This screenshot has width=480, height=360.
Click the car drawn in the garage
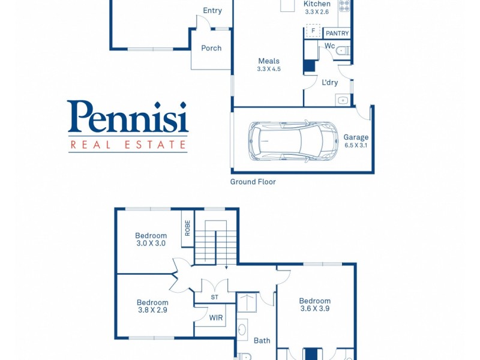[x=293, y=142]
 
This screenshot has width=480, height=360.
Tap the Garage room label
[x=356, y=137]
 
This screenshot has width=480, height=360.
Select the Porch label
[x=211, y=48]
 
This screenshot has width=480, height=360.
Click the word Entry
[x=212, y=11]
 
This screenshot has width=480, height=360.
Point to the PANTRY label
[x=337, y=34]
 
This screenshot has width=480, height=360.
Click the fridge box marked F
[x=313, y=30]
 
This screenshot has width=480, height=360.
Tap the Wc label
[x=329, y=46]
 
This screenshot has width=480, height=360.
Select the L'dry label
[x=330, y=83]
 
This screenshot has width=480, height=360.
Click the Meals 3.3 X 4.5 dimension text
[x=269, y=69]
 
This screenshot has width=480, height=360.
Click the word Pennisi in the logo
[x=128, y=117]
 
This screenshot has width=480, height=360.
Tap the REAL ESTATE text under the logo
[x=128, y=145]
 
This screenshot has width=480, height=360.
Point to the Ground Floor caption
[x=253, y=182]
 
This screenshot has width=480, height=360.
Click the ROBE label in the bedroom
[x=188, y=228]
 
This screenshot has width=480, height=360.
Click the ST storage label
[x=215, y=297]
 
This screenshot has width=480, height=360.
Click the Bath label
[x=262, y=341]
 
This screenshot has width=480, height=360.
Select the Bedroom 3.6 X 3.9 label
[x=315, y=305]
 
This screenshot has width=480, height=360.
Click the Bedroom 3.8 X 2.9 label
[x=152, y=307]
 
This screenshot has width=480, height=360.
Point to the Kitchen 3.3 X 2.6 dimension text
[x=317, y=11]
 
